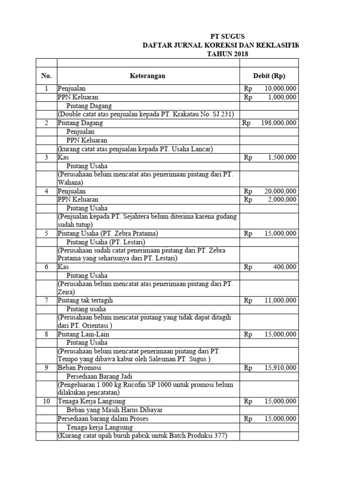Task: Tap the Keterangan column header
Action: point(148,76)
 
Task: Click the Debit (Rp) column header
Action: point(269,76)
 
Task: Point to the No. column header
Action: point(46,76)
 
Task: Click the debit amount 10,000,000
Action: point(280,89)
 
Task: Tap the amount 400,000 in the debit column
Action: point(285,267)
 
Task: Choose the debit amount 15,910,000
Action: point(280,368)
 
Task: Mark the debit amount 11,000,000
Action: point(280,300)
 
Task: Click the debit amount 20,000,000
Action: point(280,191)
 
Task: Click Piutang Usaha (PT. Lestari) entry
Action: point(105,242)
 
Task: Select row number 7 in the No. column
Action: point(46,300)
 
